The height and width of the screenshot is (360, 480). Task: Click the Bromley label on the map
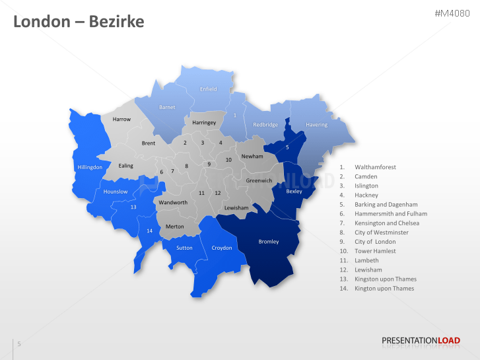coord(269,242)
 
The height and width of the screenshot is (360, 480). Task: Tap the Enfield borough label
coord(209,89)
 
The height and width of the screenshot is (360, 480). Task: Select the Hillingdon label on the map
coord(90,167)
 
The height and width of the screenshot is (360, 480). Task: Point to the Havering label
coord(317,125)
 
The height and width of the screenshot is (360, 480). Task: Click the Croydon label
coord(222,248)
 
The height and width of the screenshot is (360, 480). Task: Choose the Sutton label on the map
coord(184,248)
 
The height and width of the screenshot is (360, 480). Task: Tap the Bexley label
coord(294,191)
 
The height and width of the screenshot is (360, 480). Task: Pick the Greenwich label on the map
coord(259,180)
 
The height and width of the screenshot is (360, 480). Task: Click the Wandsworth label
coord(174,202)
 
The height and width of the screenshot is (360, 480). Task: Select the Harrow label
coord(121,120)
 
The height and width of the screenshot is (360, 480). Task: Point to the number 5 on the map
coord(287,147)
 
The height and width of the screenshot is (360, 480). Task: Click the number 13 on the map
coord(133,207)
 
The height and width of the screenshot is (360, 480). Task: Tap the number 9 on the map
coord(209,164)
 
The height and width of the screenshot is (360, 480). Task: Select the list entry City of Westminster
coord(382,233)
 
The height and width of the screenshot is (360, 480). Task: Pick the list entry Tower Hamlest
coord(375,251)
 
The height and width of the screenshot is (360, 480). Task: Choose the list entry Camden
coord(366,176)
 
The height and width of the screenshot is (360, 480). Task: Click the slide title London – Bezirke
coord(79,22)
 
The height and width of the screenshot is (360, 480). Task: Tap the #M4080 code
coord(452,13)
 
